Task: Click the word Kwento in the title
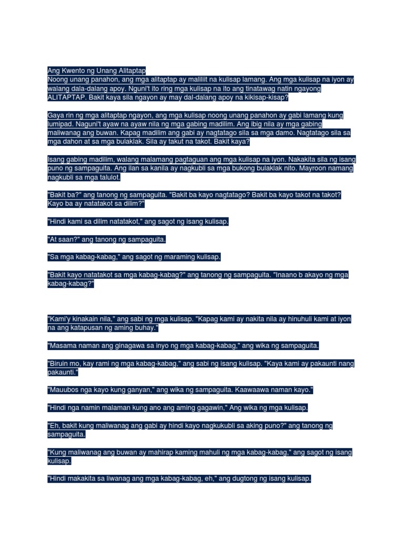[x=71, y=71]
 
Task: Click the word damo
[x=276, y=134]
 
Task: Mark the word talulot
[x=108, y=178]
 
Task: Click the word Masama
[x=63, y=346]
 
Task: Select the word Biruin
[x=61, y=364]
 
